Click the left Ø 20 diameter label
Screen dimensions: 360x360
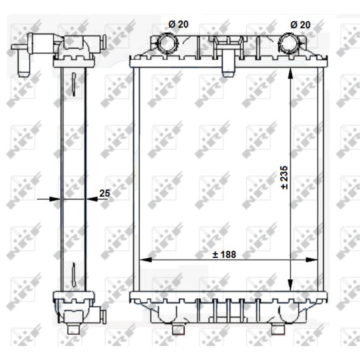pyautogui.click(x=178, y=24)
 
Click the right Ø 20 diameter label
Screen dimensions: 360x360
pyautogui.click(x=300, y=24)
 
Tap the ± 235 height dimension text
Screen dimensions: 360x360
pyautogui.click(x=284, y=178)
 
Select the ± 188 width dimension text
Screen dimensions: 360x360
pyautogui.click(x=224, y=254)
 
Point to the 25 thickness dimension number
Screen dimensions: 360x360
pyautogui.click(x=104, y=193)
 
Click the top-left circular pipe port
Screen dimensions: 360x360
pyautogui.click(x=168, y=43)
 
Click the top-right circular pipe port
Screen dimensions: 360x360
pyautogui.click(x=289, y=43)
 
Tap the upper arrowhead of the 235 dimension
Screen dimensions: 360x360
pyautogui.click(x=290, y=74)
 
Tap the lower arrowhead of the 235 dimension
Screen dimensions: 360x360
pyautogui.click(x=290, y=286)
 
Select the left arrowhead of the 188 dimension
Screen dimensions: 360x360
pyautogui.click(x=146, y=260)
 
